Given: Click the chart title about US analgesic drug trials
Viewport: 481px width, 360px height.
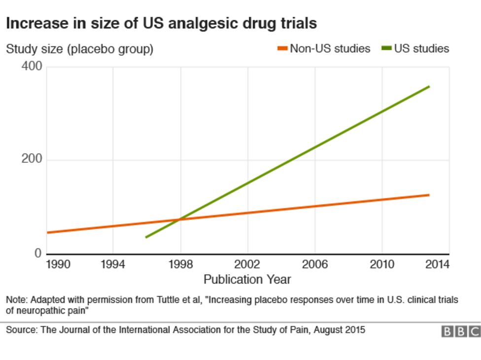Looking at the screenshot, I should point(161,23).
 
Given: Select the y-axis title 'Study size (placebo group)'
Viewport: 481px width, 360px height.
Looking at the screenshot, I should point(79,49).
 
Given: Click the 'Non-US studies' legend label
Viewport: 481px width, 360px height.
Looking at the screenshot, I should point(330,48).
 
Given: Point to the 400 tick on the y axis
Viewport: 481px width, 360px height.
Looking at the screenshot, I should point(32,67).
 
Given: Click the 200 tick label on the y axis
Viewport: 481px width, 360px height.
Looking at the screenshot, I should point(32,160).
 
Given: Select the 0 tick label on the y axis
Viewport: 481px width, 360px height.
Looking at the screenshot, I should point(38,253).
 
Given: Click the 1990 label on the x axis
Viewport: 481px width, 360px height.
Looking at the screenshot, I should point(58,265).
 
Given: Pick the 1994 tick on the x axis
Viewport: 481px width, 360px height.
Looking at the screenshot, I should point(113,265).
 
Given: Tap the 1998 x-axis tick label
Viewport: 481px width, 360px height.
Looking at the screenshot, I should point(180,265).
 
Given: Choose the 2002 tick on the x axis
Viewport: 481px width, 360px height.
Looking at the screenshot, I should point(247,265).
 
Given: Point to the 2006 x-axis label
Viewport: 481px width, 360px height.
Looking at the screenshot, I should point(315,265).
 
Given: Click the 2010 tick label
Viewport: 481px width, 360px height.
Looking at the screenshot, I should point(382,265).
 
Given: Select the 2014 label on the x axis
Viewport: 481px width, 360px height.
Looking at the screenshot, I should point(437,265).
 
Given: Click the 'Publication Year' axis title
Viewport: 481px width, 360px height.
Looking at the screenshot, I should point(247,280).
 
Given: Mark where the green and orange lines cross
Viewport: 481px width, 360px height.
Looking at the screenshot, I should point(180,219).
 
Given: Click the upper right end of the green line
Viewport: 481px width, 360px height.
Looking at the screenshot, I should point(429,87).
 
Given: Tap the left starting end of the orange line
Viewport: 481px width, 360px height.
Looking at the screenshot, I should point(48,232).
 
